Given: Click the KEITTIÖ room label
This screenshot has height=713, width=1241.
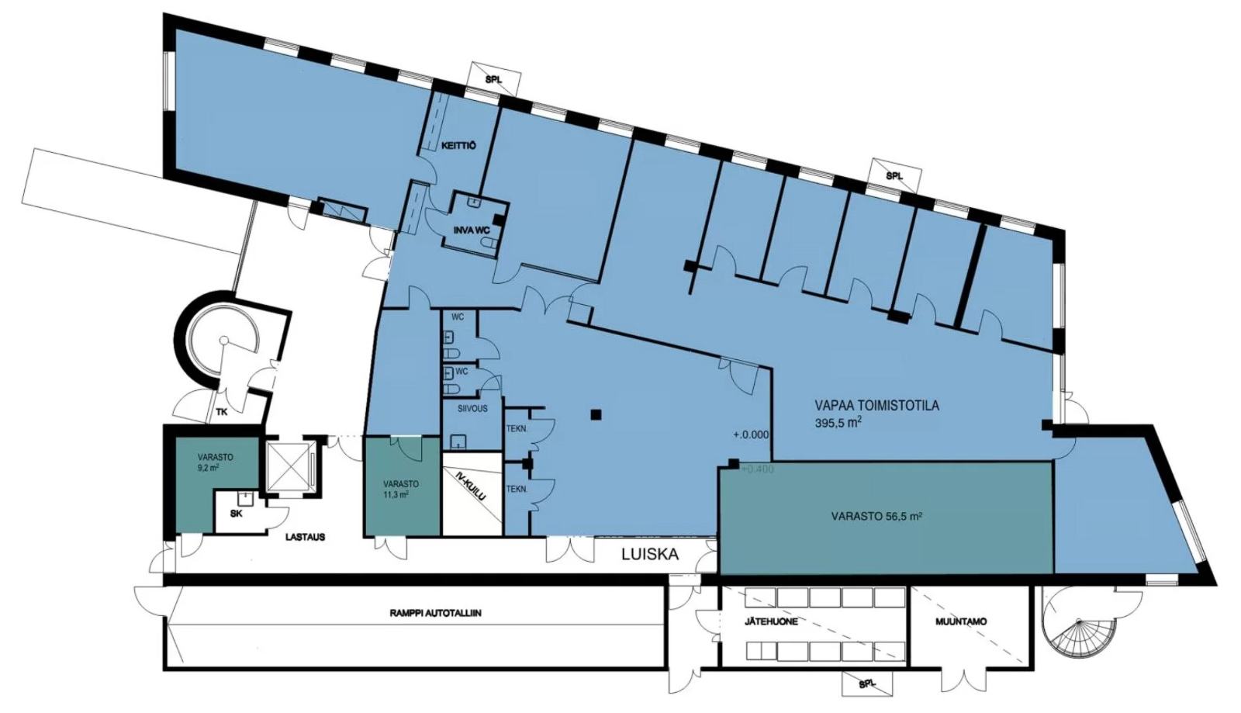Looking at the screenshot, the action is coord(458,146).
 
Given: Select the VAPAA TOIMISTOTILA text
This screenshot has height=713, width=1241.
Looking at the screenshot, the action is coord(876,406).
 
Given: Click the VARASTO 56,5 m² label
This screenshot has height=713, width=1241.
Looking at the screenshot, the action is coord(876,517).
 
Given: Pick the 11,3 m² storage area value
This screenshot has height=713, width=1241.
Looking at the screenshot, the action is coord(395,495).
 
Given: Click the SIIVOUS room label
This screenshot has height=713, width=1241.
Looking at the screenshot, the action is coord(472,409).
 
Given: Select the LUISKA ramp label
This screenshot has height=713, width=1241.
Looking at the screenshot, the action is coord(648,555).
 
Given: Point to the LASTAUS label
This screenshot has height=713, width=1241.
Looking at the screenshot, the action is coord(306,537).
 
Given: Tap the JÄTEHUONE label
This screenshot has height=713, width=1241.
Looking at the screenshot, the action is coord(771,621).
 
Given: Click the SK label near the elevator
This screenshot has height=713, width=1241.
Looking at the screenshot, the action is coord(236,514).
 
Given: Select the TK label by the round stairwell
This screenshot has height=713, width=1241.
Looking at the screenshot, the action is coord(222,412).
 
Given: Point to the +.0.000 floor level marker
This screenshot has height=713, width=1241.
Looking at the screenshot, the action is coord(752,435).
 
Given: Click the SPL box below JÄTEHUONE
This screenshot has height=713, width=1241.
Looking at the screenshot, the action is coord(868,683).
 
